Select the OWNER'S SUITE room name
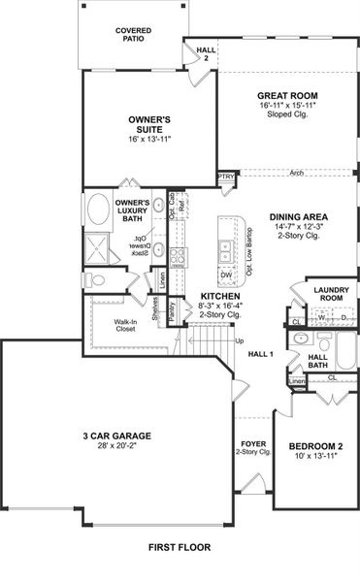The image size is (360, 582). click(149, 124)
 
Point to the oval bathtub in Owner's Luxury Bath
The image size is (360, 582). click(100, 210)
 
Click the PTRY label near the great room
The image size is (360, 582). click(226, 178)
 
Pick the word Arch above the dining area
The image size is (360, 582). click(296, 175)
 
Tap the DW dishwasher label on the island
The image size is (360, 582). click(226, 275)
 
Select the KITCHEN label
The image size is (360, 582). click(220, 296)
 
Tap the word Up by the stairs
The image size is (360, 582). click(240, 340)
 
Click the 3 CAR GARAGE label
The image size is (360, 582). click(115, 436)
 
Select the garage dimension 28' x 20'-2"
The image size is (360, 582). click(115, 449)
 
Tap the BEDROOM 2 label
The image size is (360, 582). click(315, 447)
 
